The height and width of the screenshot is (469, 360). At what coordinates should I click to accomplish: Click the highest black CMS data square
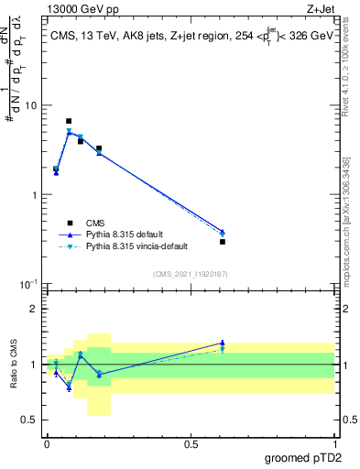69,121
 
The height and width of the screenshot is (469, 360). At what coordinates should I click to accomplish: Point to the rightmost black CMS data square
223,242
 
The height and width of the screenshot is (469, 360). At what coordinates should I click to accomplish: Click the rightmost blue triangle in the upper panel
223,232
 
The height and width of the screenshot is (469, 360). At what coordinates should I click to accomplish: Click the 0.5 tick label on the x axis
191,444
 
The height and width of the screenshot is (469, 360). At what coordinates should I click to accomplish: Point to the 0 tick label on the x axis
46,444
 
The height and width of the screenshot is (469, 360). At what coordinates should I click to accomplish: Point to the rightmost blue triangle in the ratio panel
223,343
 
